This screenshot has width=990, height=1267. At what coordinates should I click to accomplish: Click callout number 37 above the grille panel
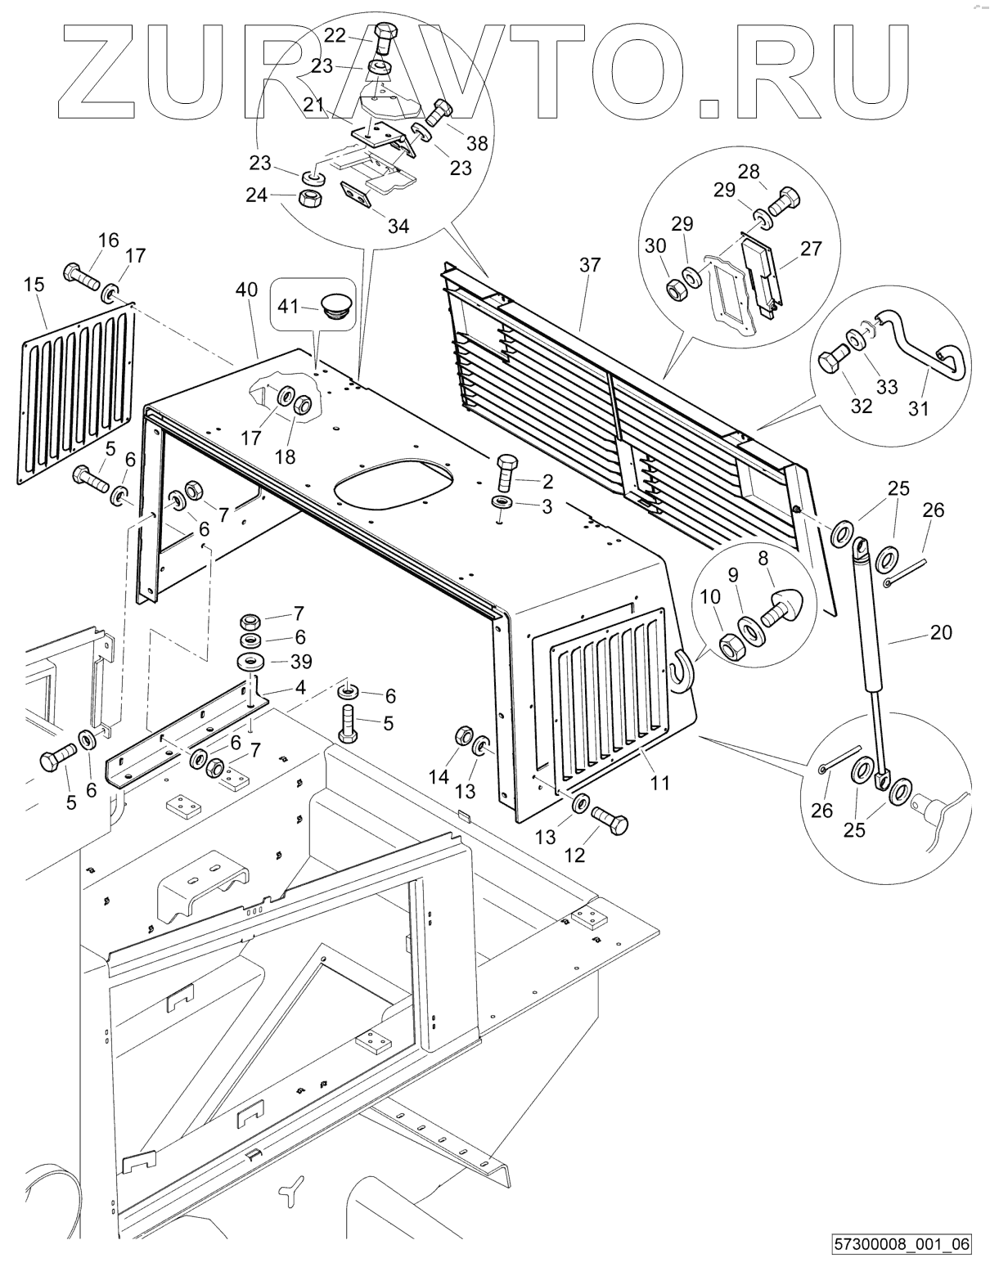(590, 265)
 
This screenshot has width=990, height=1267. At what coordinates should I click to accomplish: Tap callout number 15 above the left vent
(34, 285)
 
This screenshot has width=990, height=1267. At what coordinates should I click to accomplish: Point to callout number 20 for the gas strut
(941, 631)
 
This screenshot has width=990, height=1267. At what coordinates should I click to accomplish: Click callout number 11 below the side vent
(659, 783)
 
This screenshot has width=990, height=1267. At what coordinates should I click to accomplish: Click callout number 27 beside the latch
(812, 249)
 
